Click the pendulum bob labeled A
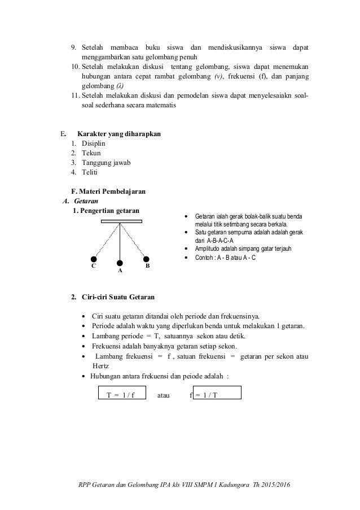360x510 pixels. (x=120, y=262)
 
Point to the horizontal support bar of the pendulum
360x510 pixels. (x=120, y=221)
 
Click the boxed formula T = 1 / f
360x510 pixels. (x=121, y=394)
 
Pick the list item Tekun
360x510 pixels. (x=90, y=154)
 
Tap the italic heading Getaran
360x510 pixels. (x=87, y=201)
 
